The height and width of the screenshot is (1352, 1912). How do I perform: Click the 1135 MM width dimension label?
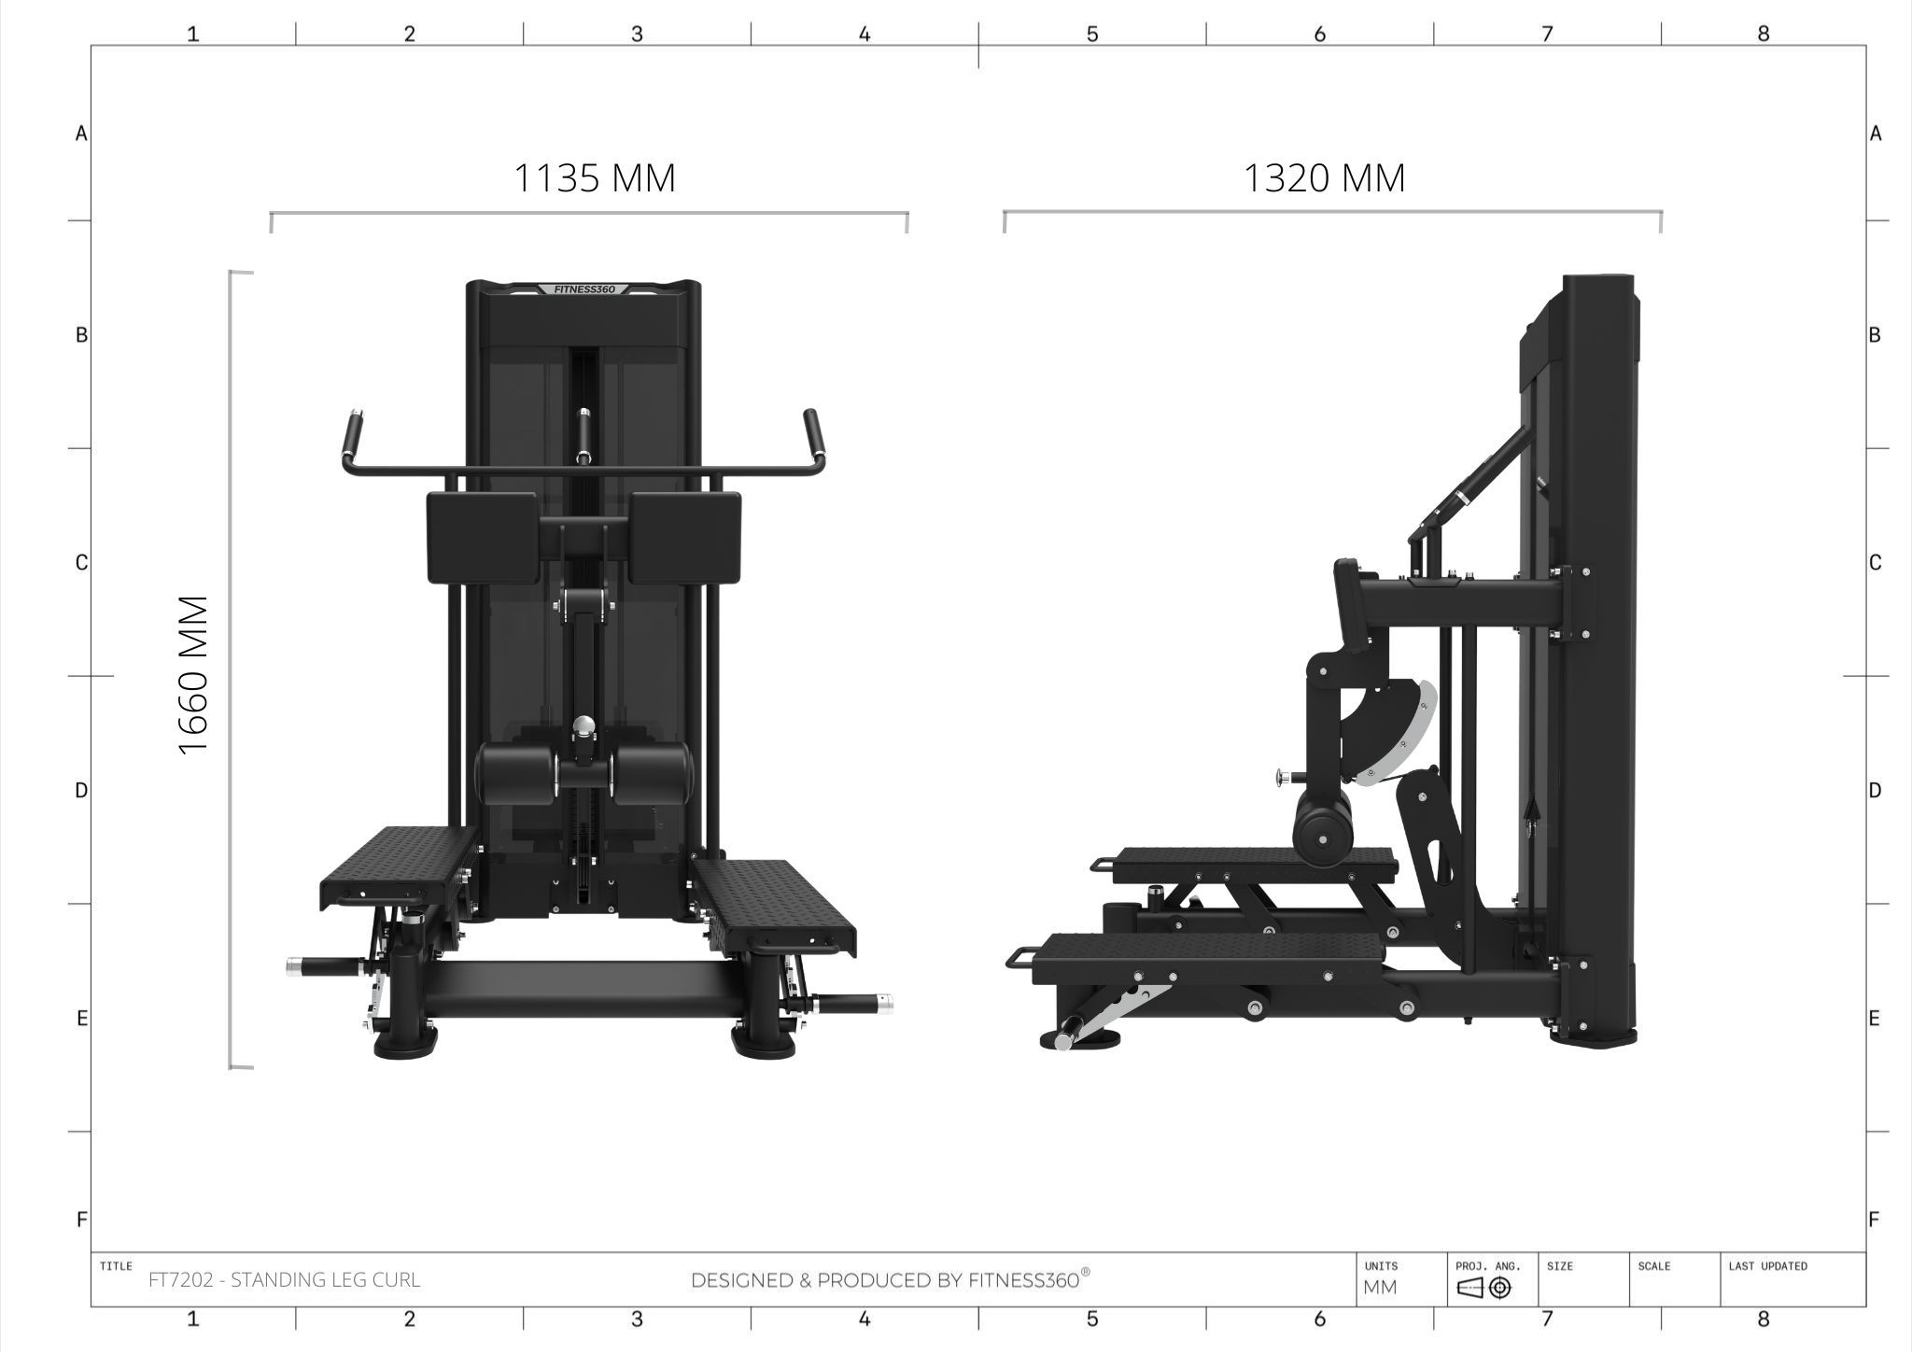point(595,177)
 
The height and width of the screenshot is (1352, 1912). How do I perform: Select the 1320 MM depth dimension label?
point(1324,177)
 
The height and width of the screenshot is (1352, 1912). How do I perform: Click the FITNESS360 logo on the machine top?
point(584,289)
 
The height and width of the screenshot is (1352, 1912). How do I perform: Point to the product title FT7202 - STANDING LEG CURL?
point(285,1279)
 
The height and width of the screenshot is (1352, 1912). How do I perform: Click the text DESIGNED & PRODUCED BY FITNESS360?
point(890,1279)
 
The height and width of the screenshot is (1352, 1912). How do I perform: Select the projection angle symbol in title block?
point(1483,1288)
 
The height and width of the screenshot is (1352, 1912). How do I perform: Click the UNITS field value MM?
point(1380,1288)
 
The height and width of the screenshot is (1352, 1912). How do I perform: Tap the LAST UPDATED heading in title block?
point(1767,1266)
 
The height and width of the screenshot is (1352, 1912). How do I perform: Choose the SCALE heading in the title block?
point(1653,1266)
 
